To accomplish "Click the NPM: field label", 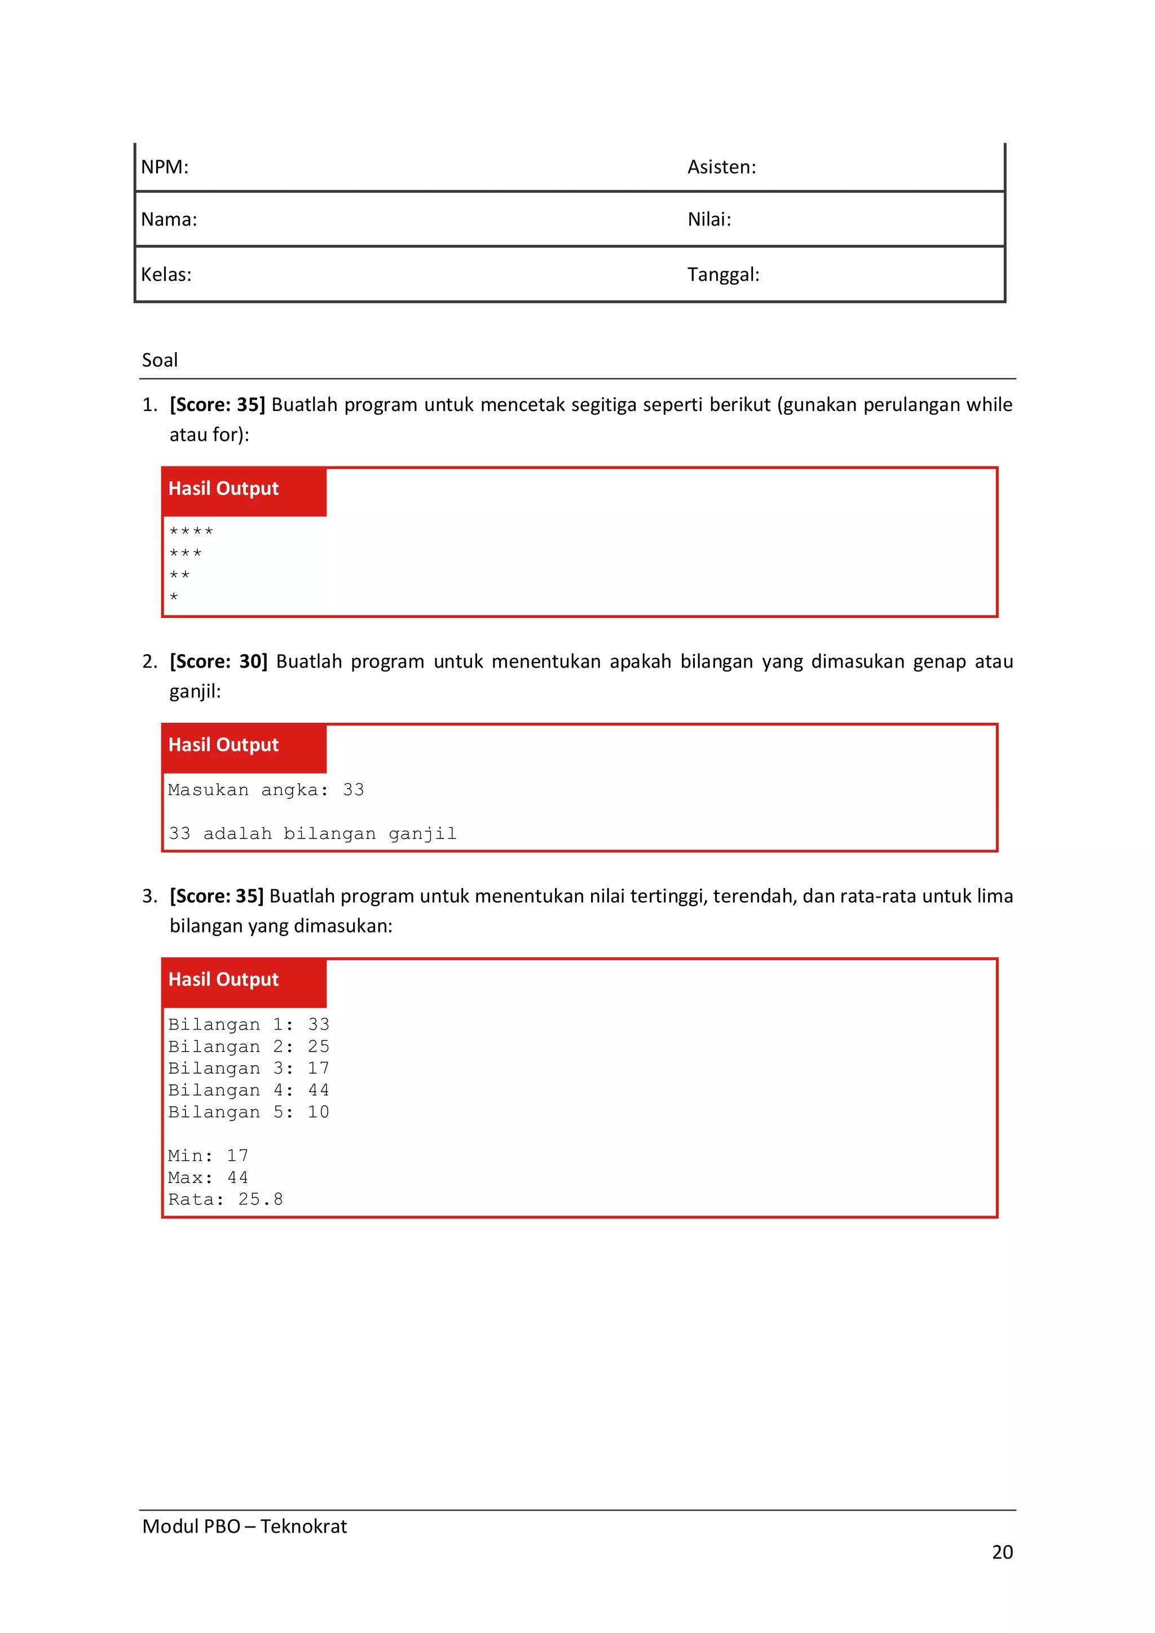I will [x=164, y=167].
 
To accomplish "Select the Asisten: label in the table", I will [x=721, y=167].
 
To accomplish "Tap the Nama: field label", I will [x=169, y=219].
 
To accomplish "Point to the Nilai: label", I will [x=709, y=219].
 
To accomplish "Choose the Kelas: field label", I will [x=166, y=275].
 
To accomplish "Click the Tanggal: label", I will [x=724, y=275].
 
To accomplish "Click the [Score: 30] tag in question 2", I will [x=218, y=661].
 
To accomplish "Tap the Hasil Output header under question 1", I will [x=223, y=489].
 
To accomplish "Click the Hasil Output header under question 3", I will [x=223, y=979].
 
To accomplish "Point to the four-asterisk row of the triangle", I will [x=191, y=531].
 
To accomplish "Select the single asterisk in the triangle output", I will [x=174, y=597].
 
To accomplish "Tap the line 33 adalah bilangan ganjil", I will [x=312, y=833].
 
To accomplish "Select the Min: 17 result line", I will [x=208, y=1156].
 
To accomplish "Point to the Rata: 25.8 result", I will [x=226, y=1199].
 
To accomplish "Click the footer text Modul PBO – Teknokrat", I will [x=244, y=1526].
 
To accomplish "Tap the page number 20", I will [x=1002, y=1552].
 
